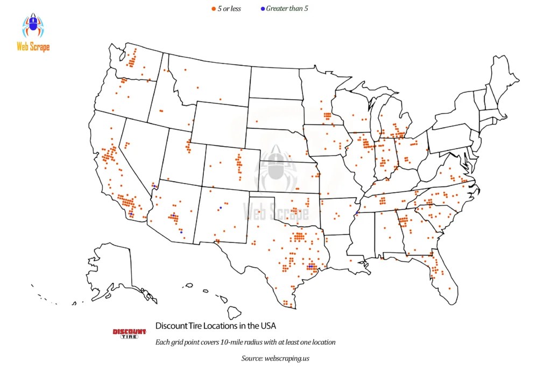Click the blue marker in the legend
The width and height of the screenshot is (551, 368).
[262, 9]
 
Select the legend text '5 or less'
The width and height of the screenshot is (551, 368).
[229, 9]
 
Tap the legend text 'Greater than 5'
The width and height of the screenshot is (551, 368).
[287, 9]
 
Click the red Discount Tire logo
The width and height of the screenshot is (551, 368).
[129, 334]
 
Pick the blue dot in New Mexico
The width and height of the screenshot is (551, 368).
[220, 207]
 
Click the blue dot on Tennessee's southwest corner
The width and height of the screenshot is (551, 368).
[357, 213]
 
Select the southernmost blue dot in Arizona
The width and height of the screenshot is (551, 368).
[181, 232]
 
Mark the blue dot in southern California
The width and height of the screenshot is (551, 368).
[131, 214]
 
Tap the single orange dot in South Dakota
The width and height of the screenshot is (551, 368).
[256, 122]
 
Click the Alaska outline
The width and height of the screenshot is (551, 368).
[116, 272]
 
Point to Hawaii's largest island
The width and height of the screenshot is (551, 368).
[234, 312]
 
